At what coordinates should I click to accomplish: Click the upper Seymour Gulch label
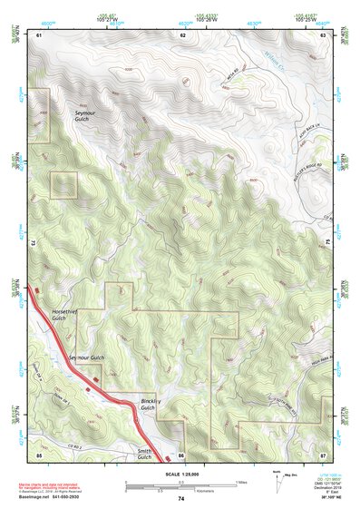pyautogui.click(x=87, y=115)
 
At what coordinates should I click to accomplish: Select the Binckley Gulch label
pyautogui.click(x=151, y=404)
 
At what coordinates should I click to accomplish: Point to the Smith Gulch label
pyautogui.click(x=144, y=454)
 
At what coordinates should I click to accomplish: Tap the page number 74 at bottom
pyautogui.click(x=180, y=499)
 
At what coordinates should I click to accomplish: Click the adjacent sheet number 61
pyautogui.click(x=39, y=34)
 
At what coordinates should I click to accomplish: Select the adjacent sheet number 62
pyautogui.click(x=182, y=34)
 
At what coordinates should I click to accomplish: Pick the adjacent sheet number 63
pyautogui.click(x=323, y=34)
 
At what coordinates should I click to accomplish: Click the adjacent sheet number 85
pyautogui.click(x=39, y=453)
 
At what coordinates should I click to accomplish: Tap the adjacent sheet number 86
pyautogui.click(x=181, y=454)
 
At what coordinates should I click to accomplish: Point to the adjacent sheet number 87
pyautogui.click(x=323, y=453)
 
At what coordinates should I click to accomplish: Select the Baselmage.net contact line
pyautogui.click(x=50, y=499)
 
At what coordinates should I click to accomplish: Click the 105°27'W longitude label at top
pyautogui.click(x=108, y=19)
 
